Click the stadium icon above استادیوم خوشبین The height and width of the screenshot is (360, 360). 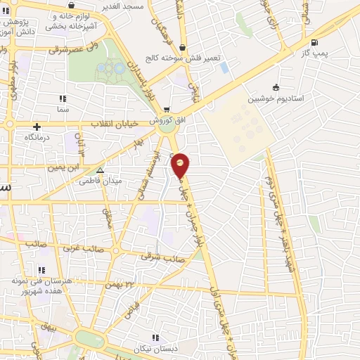[276, 89]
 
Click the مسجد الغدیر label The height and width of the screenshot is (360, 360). [145, 6]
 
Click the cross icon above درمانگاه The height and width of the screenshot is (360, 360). [36, 127]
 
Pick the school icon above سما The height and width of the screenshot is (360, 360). [63, 98]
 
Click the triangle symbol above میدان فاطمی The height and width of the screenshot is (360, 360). [101, 169]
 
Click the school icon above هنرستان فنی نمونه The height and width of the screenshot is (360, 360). [41, 269]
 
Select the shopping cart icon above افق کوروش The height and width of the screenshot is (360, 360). [167, 110]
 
